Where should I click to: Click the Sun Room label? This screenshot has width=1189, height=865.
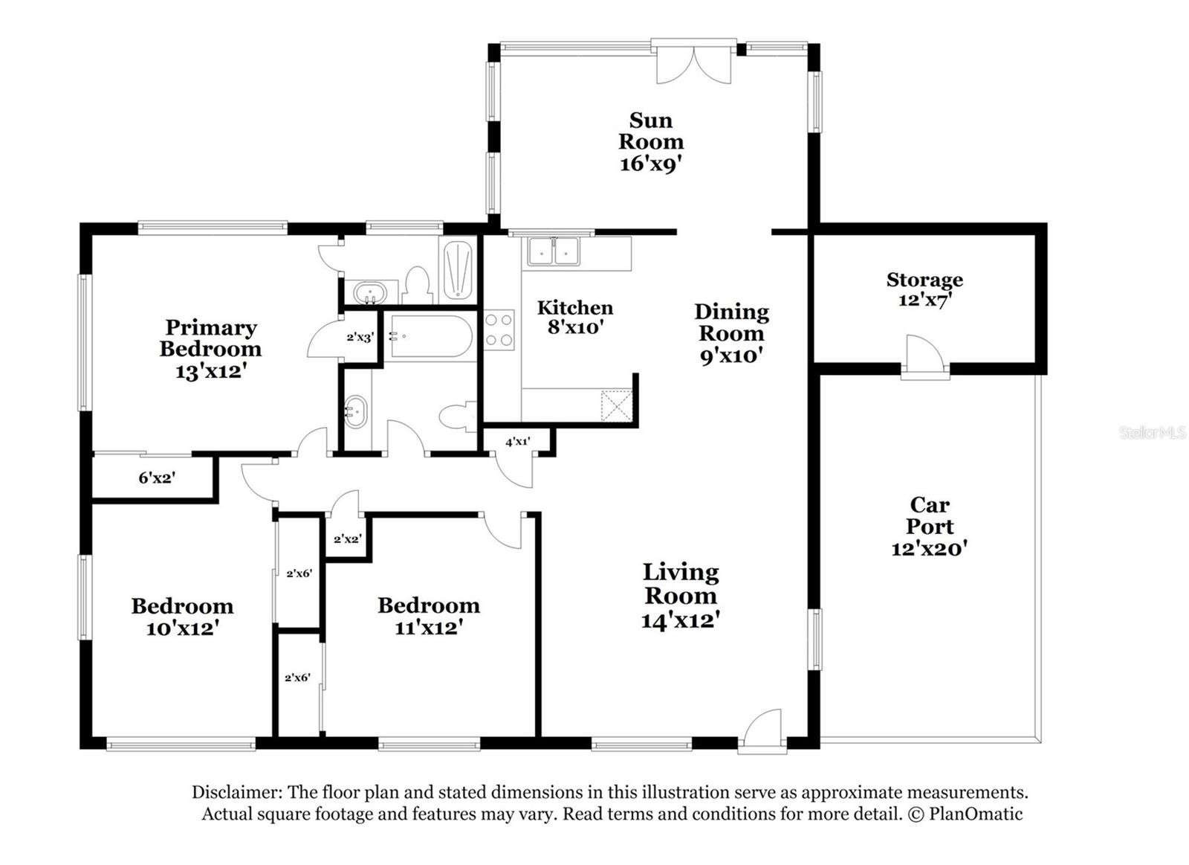[651, 131]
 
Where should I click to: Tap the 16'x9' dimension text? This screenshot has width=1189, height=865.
[651, 164]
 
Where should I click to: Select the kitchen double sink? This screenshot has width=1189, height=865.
[553, 251]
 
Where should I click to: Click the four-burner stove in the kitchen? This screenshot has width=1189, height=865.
[499, 330]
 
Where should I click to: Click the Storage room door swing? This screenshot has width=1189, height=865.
[924, 354]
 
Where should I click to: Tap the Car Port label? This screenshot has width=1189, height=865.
[930, 515]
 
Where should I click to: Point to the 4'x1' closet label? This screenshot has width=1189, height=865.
[517, 442]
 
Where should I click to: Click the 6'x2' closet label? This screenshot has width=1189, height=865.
[157, 478]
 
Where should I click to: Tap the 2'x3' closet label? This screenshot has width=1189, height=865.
[360, 337]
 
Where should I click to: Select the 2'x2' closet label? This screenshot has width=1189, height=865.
[348, 538]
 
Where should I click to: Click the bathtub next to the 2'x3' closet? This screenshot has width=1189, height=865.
[428, 337]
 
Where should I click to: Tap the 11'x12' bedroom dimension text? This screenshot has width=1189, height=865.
[429, 628]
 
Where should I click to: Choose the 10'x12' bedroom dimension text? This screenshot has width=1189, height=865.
[183, 628]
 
